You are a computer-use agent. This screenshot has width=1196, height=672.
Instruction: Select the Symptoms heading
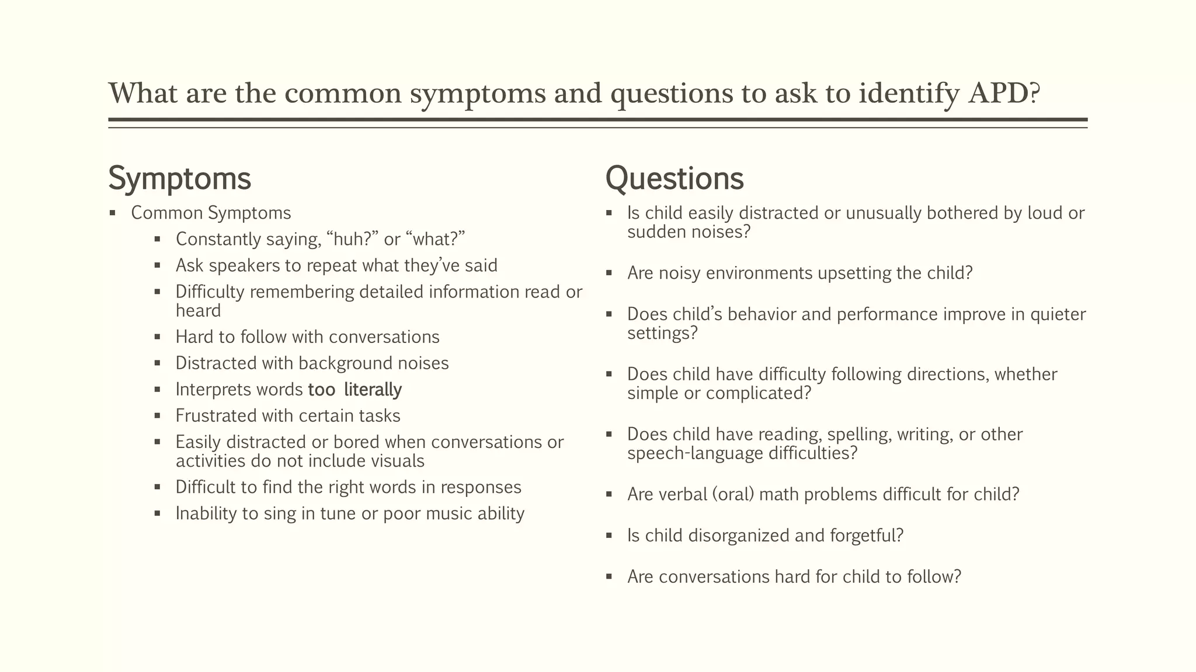click(179, 178)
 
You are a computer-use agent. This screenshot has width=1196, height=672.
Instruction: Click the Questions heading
click(675, 178)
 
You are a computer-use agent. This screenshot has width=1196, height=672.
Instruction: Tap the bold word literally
click(373, 390)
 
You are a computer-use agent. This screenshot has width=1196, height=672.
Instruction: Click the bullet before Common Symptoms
click(113, 213)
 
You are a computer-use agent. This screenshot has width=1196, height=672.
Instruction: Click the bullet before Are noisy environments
click(609, 274)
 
